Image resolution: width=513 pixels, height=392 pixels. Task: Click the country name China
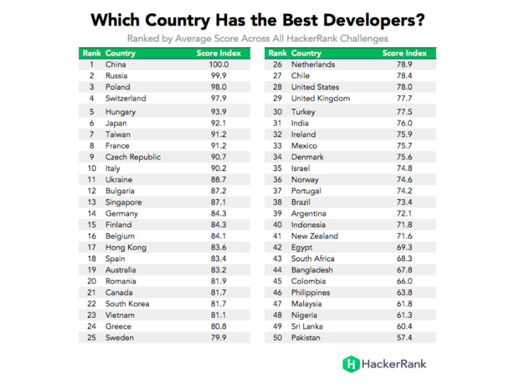(x=115, y=64)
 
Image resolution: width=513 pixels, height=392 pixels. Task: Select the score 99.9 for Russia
(x=218, y=76)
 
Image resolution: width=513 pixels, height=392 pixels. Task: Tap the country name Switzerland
(x=126, y=98)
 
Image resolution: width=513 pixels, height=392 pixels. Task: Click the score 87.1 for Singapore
(x=218, y=202)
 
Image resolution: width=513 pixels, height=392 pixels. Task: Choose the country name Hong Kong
(x=126, y=247)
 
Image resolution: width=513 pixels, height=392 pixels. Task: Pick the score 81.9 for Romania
(x=218, y=281)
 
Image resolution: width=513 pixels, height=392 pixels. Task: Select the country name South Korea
(x=127, y=304)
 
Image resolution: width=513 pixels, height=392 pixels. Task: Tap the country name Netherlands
(x=313, y=64)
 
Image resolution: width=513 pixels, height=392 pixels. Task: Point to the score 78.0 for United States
(x=404, y=87)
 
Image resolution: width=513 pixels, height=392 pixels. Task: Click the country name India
(x=299, y=123)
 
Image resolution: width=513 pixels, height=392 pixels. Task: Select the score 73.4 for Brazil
(x=404, y=202)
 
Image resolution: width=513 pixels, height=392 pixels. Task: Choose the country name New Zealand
(x=315, y=236)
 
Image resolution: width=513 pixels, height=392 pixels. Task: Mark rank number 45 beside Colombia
(x=277, y=281)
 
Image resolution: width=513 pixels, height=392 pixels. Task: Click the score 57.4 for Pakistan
(x=404, y=338)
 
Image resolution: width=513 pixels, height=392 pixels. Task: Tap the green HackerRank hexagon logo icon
(x=350, y=364)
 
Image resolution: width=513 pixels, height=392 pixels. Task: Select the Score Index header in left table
(x=219, y=53)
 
